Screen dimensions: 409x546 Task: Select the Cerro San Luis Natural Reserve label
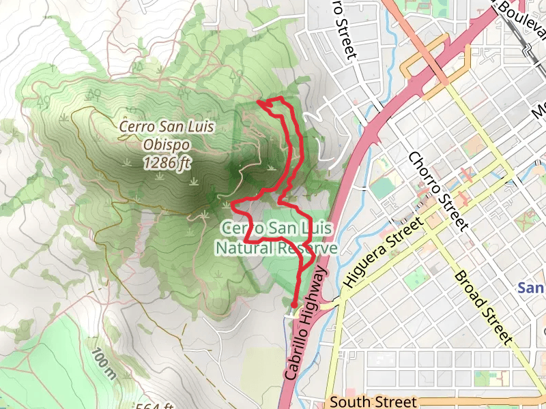pyautogui.click(x=276, y=238)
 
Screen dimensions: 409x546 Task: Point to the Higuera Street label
pyautogui.click(x=380, y=251)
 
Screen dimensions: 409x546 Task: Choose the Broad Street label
pyautogui.click(x=483, y=307)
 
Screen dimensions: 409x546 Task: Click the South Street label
pyautogui.click(x=372, y=402)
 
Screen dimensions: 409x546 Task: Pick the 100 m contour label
pyautogui.click(x=102, y=365)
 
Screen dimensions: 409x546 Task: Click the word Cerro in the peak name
pyautogui.click(x=135, y=126)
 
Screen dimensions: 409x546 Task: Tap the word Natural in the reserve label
pyautogui.click(x=242, y=248)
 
